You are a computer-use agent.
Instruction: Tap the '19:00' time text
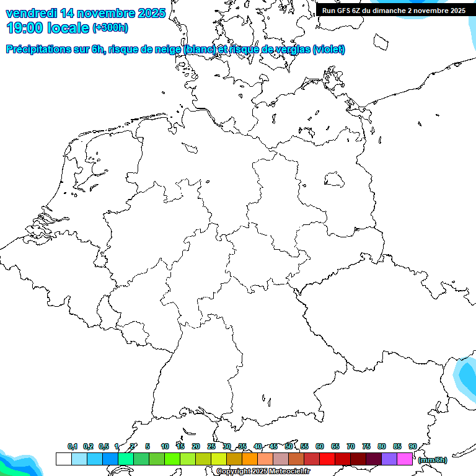click(25, 27)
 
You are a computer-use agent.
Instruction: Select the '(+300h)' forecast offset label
click(110, 28)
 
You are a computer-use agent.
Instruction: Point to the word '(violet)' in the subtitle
click(329, 50)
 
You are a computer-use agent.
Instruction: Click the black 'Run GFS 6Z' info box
click(394, 11)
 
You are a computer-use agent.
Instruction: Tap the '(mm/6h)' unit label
click(432, 460)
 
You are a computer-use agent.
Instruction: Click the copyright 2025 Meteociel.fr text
click(263, 472)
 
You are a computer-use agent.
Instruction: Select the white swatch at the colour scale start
click(63, 459)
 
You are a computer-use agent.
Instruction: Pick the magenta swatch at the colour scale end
click(405, 459)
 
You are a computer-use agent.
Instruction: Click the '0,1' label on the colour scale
click(73, 446)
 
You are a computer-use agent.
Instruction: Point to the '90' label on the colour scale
click(413, 446)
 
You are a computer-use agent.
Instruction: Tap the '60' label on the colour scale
click(320, 446)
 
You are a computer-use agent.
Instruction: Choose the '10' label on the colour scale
click(165, 446)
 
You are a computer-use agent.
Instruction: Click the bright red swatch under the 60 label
click(327, 459)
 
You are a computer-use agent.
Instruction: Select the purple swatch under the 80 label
click(389, 459)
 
